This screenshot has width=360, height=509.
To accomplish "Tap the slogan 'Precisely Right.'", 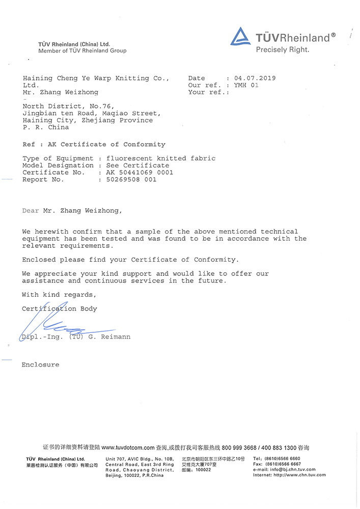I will coord(282,49).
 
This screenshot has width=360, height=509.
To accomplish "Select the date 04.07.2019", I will coord(255,78).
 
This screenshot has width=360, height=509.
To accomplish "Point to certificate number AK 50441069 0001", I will coord(140,173).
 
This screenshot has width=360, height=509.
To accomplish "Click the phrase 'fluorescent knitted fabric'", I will coord(160,158).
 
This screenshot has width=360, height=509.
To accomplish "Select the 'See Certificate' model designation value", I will coord(137,165).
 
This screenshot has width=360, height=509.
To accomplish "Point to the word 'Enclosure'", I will coord(40,365).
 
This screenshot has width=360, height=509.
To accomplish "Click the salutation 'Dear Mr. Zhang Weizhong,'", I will coord(72,210).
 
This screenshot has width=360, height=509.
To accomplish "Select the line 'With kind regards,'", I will coord(59,295).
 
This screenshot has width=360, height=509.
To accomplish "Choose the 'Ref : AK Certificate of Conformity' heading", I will coord(94,145).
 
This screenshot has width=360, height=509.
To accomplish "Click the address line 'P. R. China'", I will coord(45,127).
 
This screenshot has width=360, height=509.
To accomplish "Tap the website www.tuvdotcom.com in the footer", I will coord(128,448).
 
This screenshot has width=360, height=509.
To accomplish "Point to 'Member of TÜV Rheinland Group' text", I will coord(82,51).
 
